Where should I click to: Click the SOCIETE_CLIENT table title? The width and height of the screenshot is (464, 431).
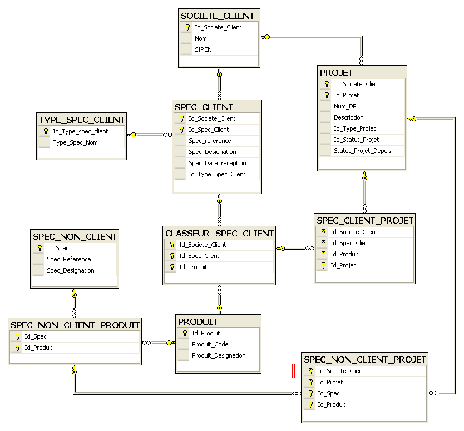coord(218,16)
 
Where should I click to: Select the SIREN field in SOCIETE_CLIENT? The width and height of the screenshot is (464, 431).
coord(203,49)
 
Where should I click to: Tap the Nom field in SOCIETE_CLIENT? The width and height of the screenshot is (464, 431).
coord(201,38)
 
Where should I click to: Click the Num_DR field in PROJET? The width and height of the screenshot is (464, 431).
coord(345,106)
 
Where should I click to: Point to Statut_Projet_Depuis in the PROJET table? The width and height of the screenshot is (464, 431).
coord(363,151)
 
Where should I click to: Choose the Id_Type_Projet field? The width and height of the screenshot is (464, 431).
coord(354,128)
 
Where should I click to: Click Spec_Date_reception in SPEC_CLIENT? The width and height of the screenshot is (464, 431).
coord(218,163)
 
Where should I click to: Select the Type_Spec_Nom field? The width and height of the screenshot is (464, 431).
coord(76,142)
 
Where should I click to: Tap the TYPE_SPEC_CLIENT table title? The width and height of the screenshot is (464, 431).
coord(82,120)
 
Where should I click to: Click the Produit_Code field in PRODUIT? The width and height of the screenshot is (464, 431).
coord(210,344)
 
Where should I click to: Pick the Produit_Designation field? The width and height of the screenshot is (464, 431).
coord(219,355)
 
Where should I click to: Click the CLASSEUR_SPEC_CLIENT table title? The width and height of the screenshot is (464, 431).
coord(219,234)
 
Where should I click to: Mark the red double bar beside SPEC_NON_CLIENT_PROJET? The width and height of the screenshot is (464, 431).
coord(294,370)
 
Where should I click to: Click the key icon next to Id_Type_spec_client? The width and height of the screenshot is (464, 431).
coord(46,131)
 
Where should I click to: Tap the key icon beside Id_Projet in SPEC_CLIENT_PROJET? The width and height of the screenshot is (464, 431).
coord(323,266)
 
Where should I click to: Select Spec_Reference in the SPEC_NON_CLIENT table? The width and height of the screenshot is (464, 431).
coord(69,259)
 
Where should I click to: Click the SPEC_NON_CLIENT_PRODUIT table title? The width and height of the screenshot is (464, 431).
coord(75,325)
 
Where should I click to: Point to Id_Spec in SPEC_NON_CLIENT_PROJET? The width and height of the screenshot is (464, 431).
coord(328,393)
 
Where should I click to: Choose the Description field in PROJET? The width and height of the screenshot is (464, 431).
coord(349,117)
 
